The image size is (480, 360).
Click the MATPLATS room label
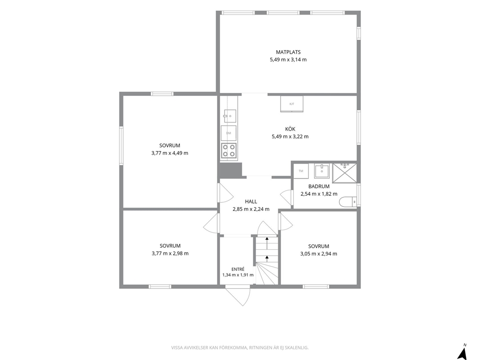pos(288,52)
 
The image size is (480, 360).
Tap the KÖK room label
pos(290,129)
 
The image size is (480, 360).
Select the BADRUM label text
pos(319,186)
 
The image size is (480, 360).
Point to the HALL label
pos(251,201)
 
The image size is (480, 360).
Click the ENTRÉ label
pos(238,269)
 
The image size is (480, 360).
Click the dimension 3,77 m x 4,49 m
pos(170,153)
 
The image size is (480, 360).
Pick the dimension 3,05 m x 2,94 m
pos(319,254)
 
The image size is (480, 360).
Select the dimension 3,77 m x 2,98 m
pos(170,253)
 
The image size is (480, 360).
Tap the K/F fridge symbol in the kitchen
pos(292,104)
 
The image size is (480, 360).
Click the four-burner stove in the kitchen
pos(229,150)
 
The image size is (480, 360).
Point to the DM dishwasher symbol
pos(229,133)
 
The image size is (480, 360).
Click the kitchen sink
pos(230,116)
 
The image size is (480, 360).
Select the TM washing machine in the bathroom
pos(301,171)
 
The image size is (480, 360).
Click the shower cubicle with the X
pos(345,173)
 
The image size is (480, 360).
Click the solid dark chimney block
pos(230,169)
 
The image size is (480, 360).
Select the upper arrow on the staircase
pos(267,243)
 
